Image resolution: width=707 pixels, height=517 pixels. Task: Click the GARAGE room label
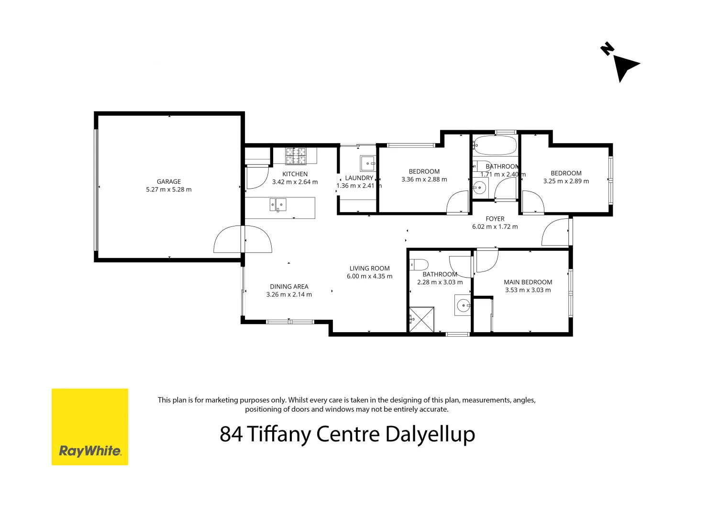169,181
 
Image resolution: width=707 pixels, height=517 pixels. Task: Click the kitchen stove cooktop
296,156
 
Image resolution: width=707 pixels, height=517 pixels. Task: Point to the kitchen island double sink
278,204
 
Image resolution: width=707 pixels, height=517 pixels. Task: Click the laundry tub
368,163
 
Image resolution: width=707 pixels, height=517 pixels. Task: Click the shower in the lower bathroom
421,319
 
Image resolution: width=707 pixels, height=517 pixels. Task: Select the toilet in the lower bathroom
419,264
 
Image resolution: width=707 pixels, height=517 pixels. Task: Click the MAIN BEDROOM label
528,282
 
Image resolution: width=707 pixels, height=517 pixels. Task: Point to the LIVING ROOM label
369,268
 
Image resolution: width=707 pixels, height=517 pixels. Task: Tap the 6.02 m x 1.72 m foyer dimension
495,227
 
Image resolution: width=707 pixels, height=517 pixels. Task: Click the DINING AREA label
289,286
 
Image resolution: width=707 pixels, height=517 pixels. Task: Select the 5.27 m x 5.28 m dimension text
169,190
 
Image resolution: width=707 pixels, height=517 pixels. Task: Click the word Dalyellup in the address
430,434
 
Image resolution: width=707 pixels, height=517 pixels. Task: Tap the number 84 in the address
231,434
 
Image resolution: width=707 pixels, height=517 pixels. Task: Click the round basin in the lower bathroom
463,305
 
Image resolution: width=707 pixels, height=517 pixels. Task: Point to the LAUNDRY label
359,178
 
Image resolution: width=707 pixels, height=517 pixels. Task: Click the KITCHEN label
295,174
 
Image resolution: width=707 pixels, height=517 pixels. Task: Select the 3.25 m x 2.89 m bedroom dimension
566,181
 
